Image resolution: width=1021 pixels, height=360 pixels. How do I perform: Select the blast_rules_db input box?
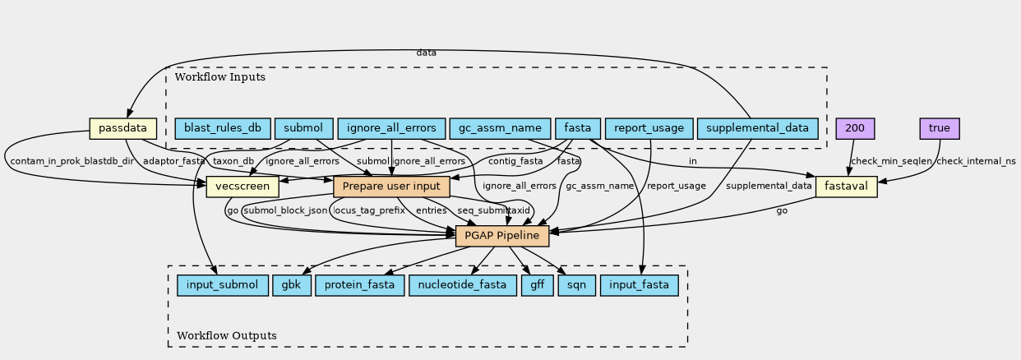(x=222, y=128)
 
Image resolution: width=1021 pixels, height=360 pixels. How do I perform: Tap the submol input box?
(x=303, y=128)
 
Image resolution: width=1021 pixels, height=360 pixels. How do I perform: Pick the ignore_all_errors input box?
(x=391, y=128)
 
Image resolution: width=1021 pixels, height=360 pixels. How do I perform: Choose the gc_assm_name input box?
(x=500, y=128)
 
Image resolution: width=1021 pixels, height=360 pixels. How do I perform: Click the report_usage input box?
(x=649, y=128)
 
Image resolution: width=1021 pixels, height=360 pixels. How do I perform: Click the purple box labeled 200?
(x=855, y=128)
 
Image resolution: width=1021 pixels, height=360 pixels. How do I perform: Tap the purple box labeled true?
(x=940, y=128)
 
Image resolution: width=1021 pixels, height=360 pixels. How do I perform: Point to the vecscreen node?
(x=243, y=187)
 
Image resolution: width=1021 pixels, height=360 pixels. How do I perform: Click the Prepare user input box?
(x=391, y=187)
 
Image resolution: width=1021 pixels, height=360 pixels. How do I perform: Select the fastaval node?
(x=847, y=187)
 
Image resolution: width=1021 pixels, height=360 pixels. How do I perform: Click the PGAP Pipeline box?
(x=502, y=236)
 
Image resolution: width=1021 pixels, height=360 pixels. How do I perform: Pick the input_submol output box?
(x=222, y=285)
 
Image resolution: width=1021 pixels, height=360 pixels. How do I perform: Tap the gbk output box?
(x=291, y=285)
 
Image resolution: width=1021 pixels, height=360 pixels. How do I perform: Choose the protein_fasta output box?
(x=360, y=285)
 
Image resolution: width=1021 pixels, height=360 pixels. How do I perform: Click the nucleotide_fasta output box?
(x=463, y=285)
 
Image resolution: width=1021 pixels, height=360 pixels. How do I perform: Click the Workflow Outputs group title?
(x=227, y=335)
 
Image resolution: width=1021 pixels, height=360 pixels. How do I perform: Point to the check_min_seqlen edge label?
(x=891, y=161)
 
